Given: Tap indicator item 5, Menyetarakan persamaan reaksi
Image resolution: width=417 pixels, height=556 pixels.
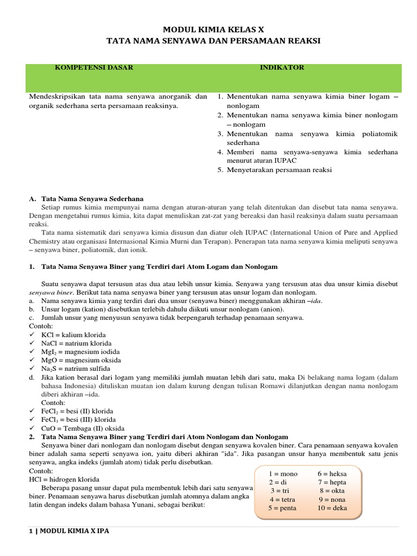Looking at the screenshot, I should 279,170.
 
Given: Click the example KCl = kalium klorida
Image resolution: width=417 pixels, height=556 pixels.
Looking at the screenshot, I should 73,335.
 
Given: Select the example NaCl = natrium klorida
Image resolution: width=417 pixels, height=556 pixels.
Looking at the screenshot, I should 76,343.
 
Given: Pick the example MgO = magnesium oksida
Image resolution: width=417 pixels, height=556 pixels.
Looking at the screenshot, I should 81,360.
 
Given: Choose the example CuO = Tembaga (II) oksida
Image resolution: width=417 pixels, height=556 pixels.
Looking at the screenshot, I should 83,428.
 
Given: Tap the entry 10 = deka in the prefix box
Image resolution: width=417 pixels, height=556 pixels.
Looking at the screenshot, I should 332,508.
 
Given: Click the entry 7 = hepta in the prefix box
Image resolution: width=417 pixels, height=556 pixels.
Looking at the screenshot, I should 332,482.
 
